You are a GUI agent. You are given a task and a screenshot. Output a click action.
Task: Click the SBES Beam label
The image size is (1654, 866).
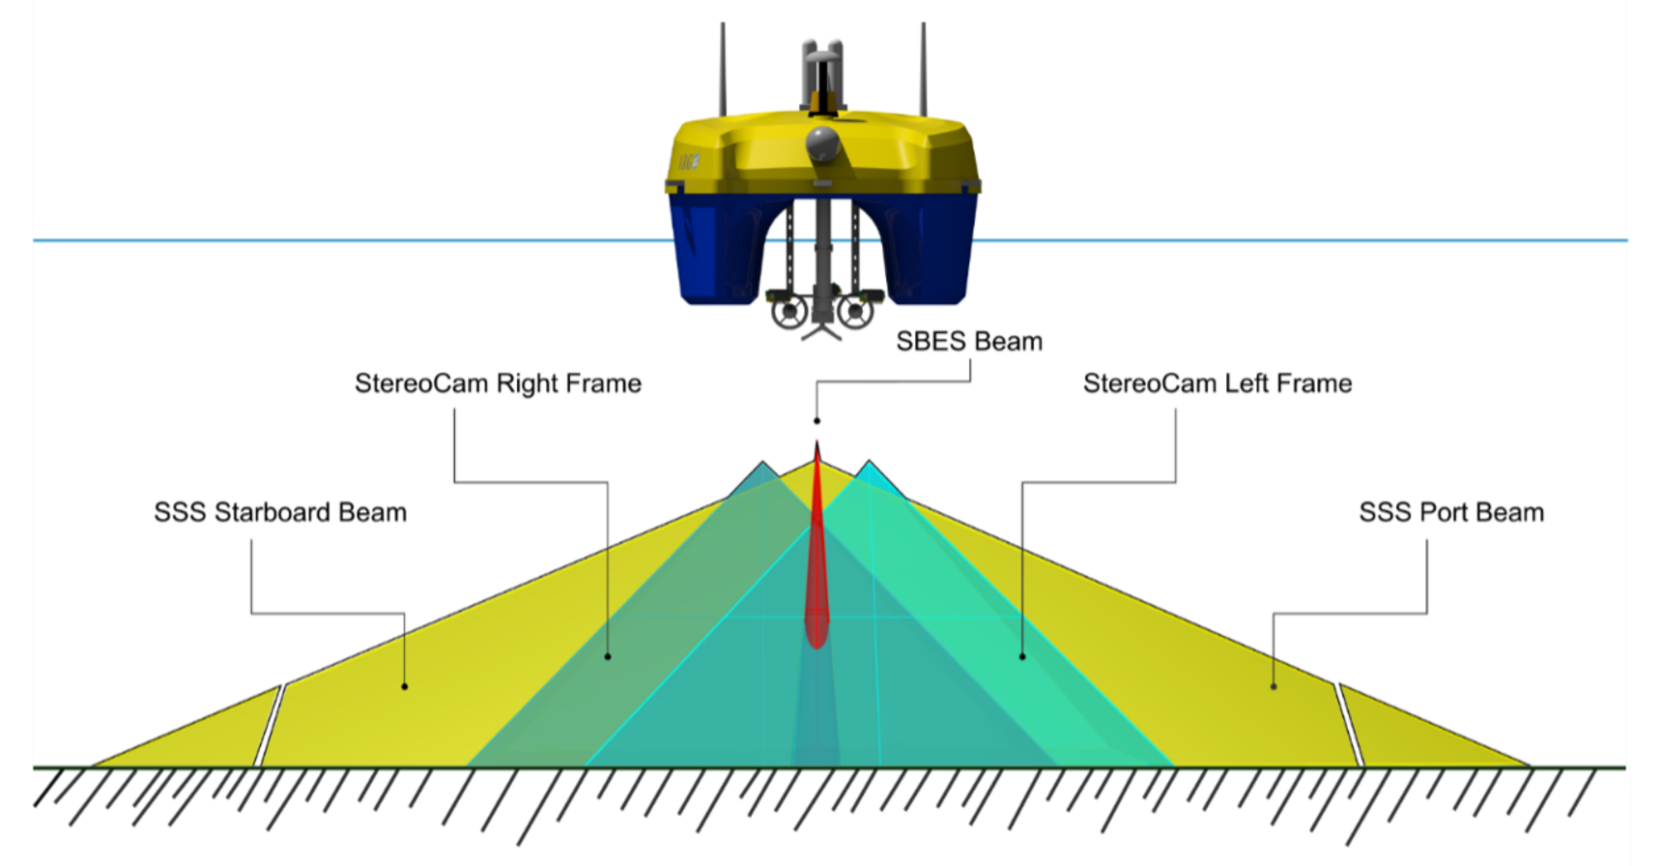point(968,342)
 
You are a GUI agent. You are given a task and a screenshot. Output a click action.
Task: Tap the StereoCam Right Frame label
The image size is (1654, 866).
point(498,383)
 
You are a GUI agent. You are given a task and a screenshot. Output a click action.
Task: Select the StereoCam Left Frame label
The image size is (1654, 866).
point(1218,383)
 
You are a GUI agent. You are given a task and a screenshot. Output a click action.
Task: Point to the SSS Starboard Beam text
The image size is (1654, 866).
point(280,512)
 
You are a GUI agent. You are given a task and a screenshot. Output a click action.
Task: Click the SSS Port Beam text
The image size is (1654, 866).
point(1451,512)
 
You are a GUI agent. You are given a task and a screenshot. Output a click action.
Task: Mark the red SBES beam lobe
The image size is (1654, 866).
point(817,578)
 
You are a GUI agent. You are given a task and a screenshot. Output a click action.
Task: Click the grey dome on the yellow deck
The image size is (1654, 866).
point(823,143)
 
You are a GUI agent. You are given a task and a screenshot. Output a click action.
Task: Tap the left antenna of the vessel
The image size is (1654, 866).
point(724,71)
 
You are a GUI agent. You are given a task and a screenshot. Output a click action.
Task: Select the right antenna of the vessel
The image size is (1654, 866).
point(924,71)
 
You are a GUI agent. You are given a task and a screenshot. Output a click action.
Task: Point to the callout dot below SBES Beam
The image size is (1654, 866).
point(817,420)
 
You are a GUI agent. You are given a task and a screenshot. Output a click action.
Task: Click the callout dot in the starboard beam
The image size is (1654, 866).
point(404,687)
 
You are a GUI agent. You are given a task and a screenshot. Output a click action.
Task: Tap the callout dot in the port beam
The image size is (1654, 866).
point(1274,687)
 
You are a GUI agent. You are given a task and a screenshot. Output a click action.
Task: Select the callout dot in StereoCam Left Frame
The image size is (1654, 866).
point(1023,656)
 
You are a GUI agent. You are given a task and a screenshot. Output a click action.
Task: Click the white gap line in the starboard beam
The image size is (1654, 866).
point(270,726)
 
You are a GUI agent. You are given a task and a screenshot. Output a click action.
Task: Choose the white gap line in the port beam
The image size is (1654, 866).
point(1349,726)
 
